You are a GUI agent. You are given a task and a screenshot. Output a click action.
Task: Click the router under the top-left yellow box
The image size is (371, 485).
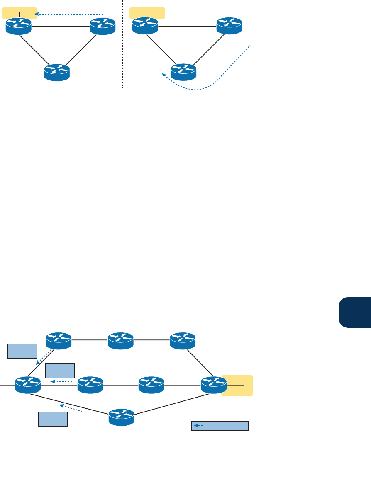19,27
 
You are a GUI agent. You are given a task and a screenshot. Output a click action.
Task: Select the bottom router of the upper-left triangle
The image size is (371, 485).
57,72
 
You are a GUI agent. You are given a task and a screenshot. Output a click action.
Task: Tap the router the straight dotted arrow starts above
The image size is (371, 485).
103,27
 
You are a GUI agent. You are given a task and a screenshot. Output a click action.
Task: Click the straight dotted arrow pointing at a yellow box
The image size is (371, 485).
68,14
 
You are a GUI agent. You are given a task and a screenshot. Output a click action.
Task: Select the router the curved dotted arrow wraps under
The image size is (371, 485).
183,72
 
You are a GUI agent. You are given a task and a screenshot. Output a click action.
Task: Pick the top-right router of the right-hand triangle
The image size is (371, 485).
229,27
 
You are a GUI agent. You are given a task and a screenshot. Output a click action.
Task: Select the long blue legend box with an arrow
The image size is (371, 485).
220,426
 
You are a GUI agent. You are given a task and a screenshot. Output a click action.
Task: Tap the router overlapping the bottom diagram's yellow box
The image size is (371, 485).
214,385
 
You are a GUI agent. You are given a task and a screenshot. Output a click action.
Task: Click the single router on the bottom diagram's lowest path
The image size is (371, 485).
122,417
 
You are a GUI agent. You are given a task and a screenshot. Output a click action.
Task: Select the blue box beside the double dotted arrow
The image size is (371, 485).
22,350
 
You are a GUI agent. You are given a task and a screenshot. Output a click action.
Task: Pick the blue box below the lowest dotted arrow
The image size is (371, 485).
53,419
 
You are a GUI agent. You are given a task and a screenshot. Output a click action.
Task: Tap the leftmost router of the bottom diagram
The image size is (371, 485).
28,385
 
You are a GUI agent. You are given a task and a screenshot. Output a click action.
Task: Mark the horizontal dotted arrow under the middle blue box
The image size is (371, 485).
62,381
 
